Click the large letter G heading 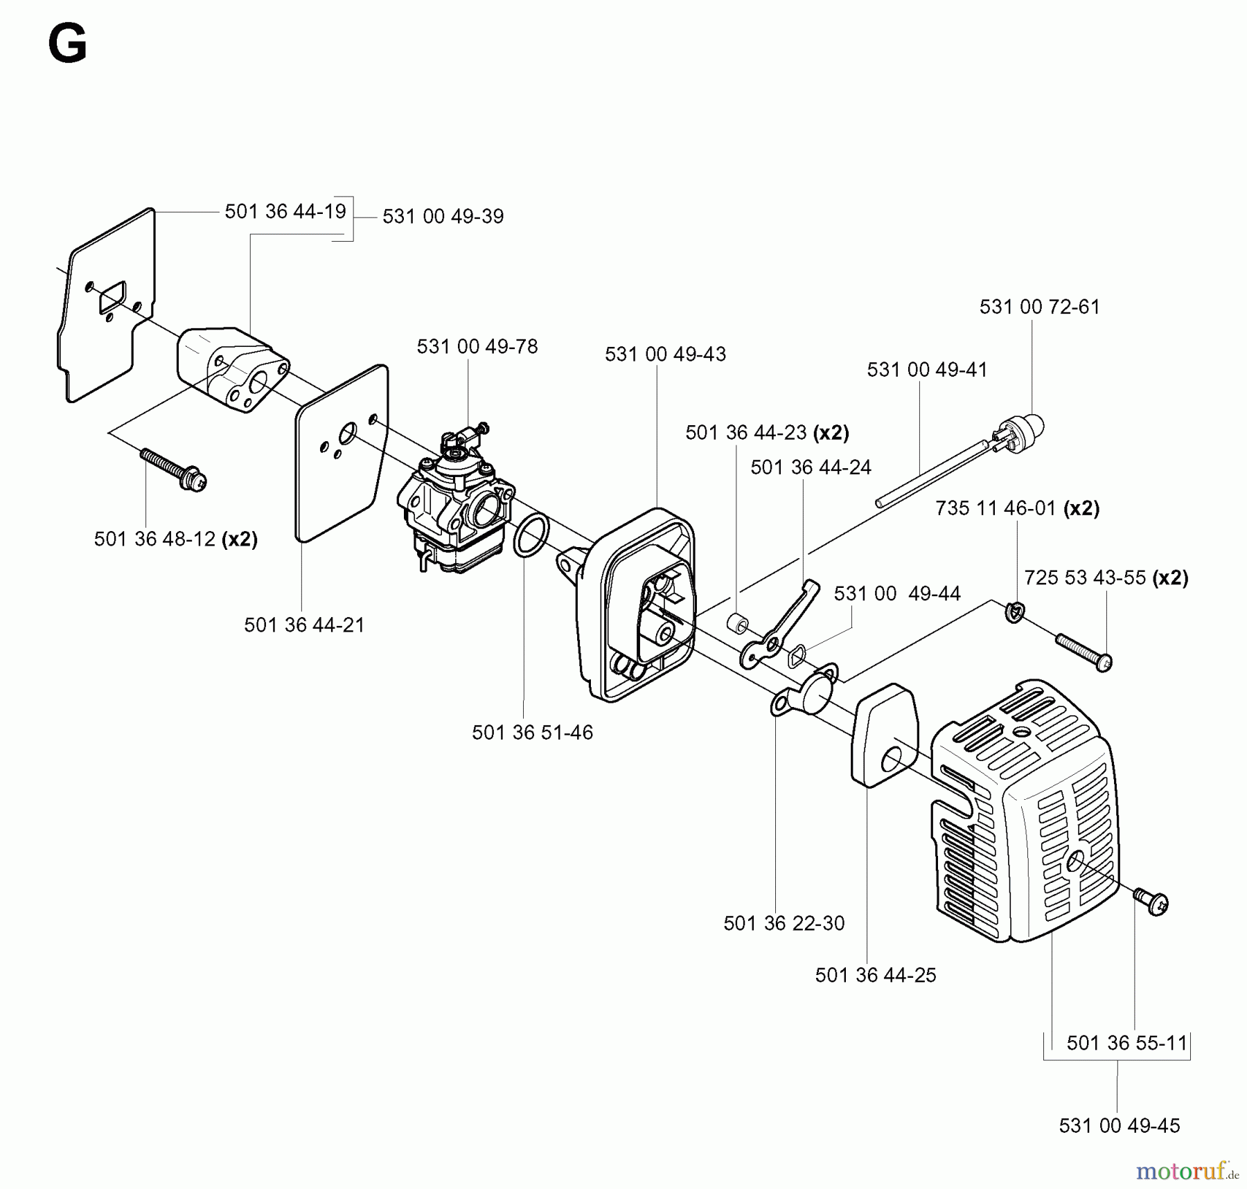[x=67, y=44]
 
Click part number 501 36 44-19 [x=285, y=211]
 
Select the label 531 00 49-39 [x=443, y=216]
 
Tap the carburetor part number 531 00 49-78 [x=477, y=346]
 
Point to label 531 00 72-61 [x=1039, y=307]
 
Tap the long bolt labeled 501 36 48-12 [x=173, y=469]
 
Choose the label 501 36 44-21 [x=304, y=625]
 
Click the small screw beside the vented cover [x=1151, y=902]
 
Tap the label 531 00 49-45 [x=1119, y=1125]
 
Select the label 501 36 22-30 [x=784, y=923]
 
